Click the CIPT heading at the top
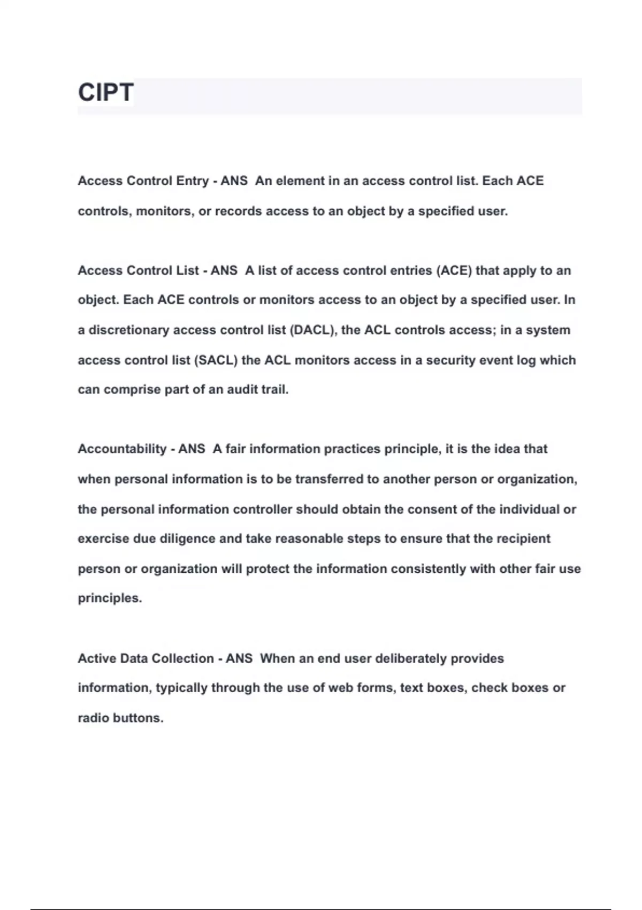105,93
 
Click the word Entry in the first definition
192,181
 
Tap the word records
238,211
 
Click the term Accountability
122,449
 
